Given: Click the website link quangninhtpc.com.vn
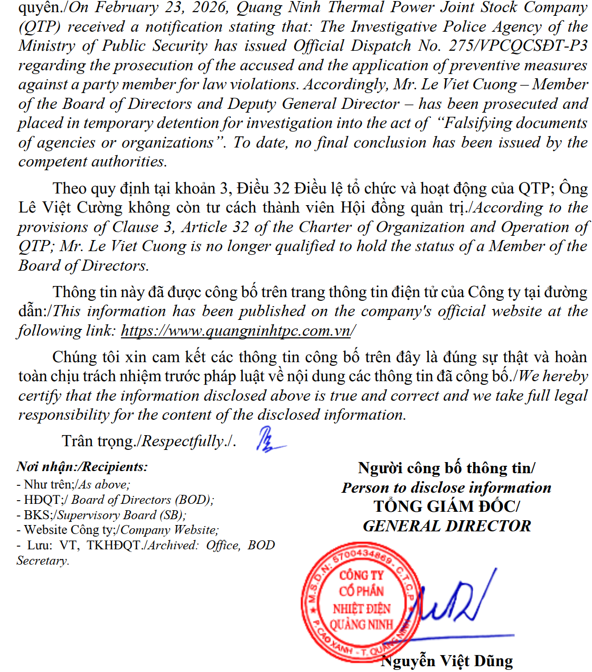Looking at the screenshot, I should [x=236, y=331].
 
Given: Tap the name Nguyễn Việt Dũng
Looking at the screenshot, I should [x=447, y=661].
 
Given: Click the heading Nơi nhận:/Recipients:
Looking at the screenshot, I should [x=82, y=467].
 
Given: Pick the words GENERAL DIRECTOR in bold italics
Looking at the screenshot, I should [x=447, y=526].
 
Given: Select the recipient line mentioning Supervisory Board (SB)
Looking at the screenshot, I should [x=101, y=515].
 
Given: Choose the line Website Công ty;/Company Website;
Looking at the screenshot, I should [x=118, y=530].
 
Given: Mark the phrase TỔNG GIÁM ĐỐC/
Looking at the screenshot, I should [x=447, y=507].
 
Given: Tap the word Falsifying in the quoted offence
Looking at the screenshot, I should [x=473, y=123].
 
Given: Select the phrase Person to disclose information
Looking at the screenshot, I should [x=447, y=487].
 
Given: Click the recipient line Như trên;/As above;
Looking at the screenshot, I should [x=73, y=484].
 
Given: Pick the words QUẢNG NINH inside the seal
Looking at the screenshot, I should [x=361, y=624].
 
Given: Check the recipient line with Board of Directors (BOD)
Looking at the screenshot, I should [x=115, y=500].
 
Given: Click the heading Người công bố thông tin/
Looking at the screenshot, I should [x=447, y=468].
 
